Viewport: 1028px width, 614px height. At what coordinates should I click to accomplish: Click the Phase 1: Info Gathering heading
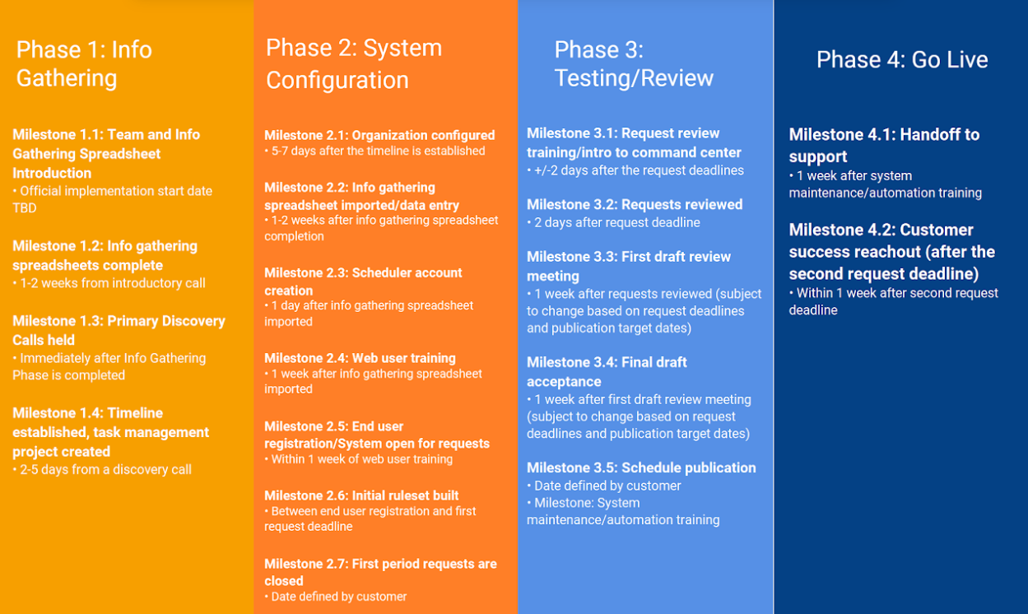(84, 63)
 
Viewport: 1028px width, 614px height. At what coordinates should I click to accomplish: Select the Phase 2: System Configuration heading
(353, 63)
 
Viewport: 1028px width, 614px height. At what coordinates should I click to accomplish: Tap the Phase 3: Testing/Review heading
(633, 63)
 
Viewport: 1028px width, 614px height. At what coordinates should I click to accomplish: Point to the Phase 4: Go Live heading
(901, 59)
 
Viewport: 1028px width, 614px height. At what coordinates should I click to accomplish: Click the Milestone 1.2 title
(105, 255)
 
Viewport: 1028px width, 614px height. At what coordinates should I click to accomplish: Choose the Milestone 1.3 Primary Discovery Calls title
(119, 330)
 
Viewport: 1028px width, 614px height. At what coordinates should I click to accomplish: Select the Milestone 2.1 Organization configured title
(379, 135)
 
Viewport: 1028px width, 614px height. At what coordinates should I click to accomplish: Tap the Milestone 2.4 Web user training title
(360, 358)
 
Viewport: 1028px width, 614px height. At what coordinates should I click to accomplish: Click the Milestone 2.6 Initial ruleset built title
(361, 495)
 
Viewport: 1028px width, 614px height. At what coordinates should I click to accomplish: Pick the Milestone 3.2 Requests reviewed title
(635, 204)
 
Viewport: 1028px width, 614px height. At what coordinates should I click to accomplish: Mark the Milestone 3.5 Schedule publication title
(641, 467)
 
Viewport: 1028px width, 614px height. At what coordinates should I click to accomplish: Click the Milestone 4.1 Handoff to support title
(884, 145)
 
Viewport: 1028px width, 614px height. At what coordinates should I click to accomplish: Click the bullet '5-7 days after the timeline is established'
(378, 151)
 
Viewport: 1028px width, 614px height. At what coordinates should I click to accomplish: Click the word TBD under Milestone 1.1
(25, 208)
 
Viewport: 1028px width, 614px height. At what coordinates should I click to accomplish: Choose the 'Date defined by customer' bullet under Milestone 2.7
(338, 597)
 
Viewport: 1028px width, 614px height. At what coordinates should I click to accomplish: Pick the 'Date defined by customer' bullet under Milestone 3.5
(607, 486)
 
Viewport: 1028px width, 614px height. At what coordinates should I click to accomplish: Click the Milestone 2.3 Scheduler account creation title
(363, 281)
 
